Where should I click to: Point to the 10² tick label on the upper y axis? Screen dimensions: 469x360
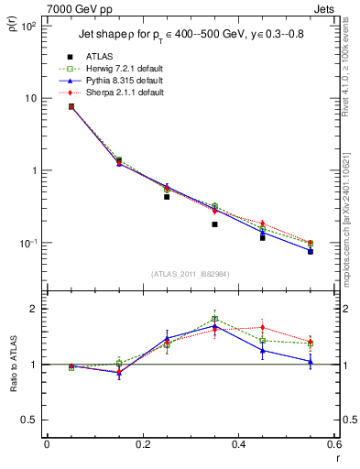(x=27, y=26)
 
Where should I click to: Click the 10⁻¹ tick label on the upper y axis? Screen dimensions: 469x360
(x=27, y=243)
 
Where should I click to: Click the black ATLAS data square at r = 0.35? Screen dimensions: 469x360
(x=214, y=224)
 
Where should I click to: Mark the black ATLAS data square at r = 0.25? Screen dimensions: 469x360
(x=167, y=197)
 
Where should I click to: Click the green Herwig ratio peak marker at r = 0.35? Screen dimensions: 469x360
(x=214, y=319)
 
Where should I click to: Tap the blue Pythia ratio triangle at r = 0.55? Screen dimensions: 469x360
(x=311, y=362)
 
